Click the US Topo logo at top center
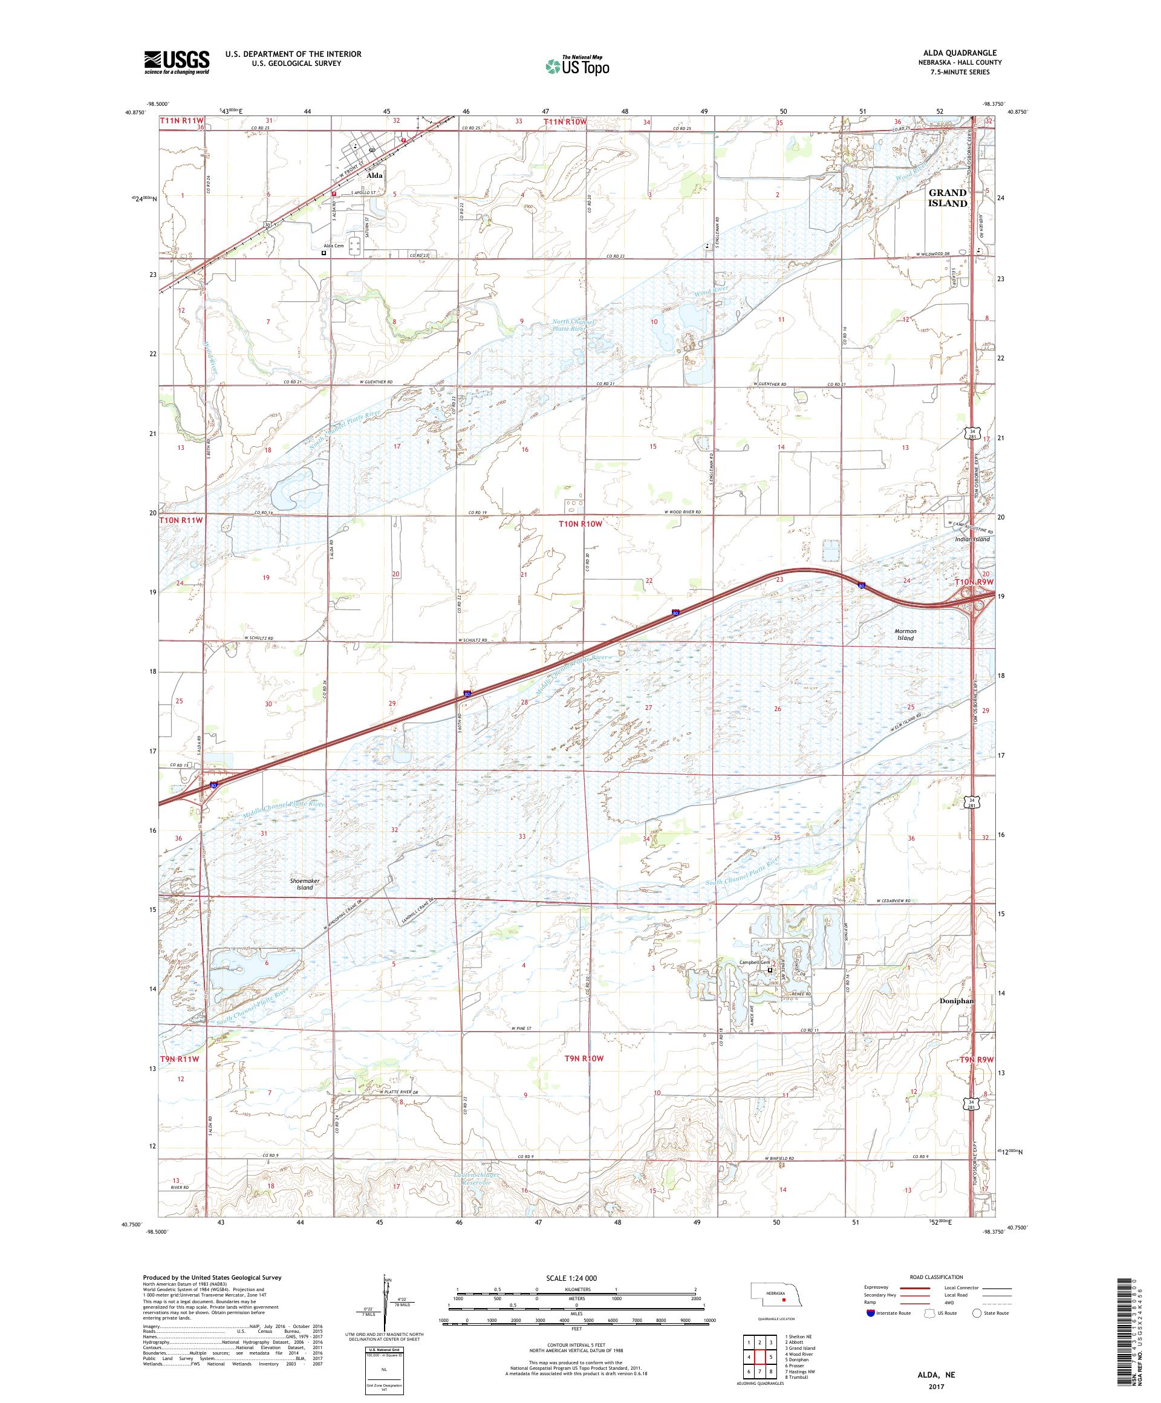click(578, 65)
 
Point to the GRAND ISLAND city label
click(947, 198)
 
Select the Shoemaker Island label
click(304, 884)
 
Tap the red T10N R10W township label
click(580, 524)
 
